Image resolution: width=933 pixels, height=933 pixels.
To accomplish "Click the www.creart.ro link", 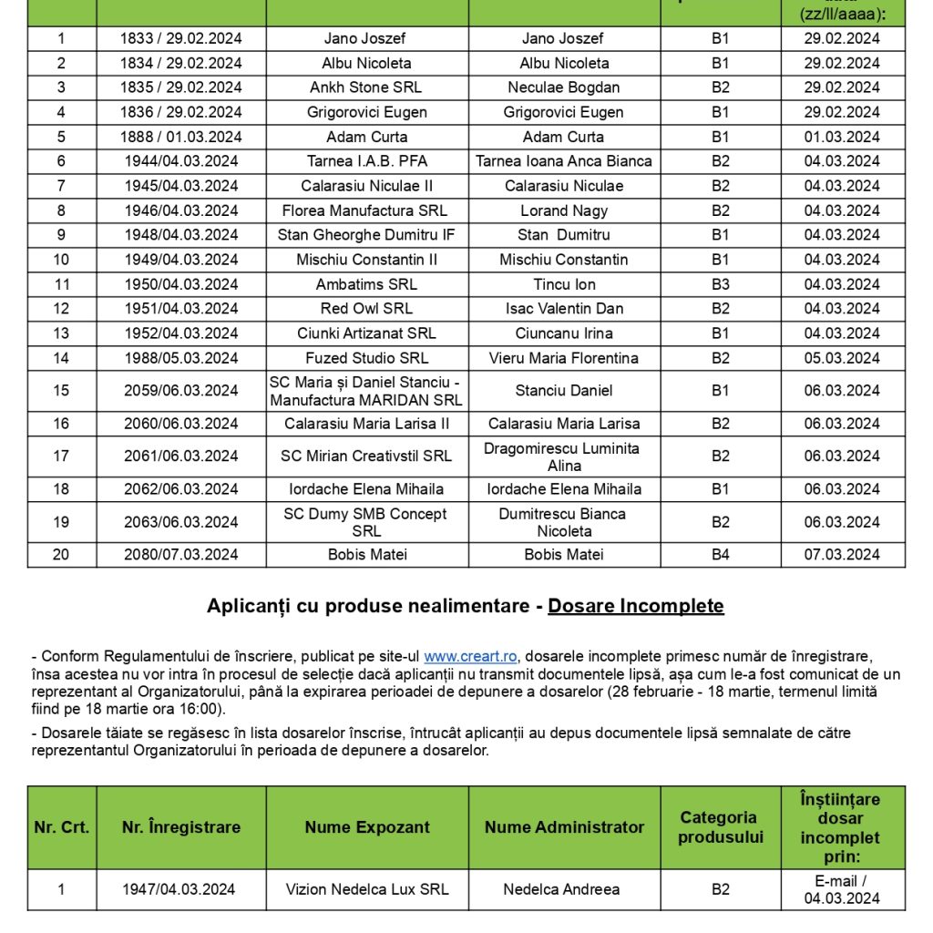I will pos(470,656).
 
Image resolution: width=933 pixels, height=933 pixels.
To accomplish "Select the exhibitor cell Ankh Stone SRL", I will pos(366,87).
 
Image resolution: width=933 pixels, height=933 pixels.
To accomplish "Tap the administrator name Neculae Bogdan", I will pos(564,87).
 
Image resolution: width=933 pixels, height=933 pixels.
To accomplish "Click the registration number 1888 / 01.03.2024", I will pos(181,137).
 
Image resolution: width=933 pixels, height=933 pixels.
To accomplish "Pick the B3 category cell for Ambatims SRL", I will pos(720,284).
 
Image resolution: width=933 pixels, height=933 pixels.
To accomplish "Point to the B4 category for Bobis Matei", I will pos(720,554).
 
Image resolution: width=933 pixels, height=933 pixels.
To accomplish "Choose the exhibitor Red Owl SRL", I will pos(366,308).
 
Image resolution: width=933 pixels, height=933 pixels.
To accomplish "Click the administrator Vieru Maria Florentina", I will pos(564,358).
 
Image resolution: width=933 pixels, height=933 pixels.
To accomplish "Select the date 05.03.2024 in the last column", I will pos(842,358).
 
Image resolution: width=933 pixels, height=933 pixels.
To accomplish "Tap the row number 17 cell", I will pos(61,456).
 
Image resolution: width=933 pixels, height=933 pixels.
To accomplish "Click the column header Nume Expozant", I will pos(366,827).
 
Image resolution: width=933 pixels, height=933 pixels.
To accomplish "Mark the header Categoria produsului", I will pos(720,827).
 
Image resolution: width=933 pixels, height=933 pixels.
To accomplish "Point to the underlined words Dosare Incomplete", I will pos(636,606).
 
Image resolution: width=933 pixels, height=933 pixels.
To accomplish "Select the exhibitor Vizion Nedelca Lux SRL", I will pos(366,889).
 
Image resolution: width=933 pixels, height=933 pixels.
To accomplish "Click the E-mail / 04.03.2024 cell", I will pos(842,889).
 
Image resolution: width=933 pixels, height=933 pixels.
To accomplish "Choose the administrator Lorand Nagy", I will pos(564,210).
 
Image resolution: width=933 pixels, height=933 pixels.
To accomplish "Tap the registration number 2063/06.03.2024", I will pos(181,522).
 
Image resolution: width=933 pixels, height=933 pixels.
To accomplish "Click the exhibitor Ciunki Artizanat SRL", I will pos(366,333).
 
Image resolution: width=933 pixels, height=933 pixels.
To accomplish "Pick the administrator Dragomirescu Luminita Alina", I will pos(561,456).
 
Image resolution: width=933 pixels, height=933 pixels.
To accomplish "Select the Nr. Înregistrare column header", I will pos(181,827).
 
